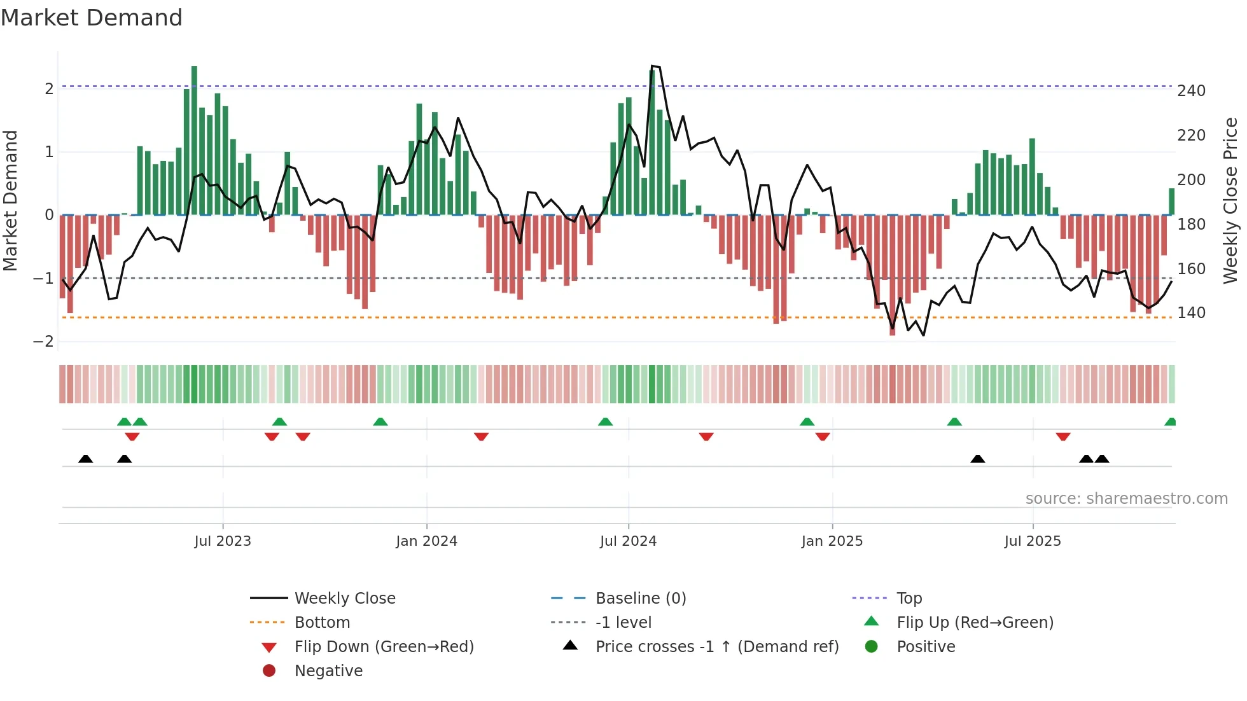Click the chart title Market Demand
pos(92,18)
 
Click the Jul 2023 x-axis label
pos(223,541)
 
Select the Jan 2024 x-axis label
pos(426,541)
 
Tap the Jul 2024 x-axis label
pos(628,541)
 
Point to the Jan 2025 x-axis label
pos(832,541)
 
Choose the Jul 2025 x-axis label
pos(1033,541)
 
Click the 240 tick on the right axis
pos(1191,91)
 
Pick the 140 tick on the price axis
pos(1191,313)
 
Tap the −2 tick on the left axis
pos(44,342)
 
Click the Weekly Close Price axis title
pos(1230,200)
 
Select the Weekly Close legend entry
pos(344,599)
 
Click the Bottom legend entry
pos(322,623)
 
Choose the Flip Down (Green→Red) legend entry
pos(384,647)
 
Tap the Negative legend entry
pos(328,671)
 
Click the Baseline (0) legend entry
pos(640,599)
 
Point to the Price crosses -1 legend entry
pos(716,647)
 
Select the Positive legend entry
pos(925,647)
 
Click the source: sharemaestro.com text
pos(1126,499)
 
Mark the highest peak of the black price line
pos(652,66)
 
